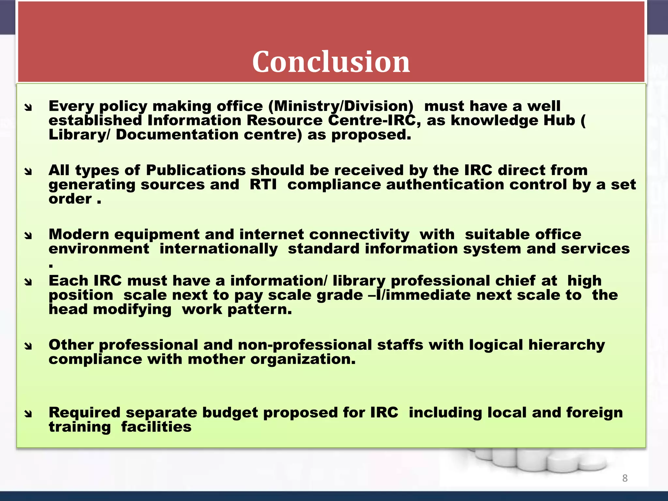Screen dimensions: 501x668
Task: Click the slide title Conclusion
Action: (x=331, y=62)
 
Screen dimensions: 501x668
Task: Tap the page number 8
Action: (x=625, y=478)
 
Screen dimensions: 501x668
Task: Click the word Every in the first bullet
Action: (x=71, y=106)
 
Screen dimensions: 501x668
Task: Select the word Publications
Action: (x=196, y=170)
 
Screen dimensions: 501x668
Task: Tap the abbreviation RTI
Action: (x=263, y=185)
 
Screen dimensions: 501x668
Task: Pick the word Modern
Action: (x=79, y=235)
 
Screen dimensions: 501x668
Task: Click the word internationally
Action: (x=218, y=249)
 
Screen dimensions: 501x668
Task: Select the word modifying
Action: (x=132, y=309)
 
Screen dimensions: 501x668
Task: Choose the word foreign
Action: (x=594, y=413)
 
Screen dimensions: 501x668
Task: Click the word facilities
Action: (x=156, y=427)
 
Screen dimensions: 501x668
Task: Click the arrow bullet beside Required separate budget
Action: (x=28, y=414)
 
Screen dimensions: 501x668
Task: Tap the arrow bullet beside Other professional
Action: (x=28, y=346)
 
